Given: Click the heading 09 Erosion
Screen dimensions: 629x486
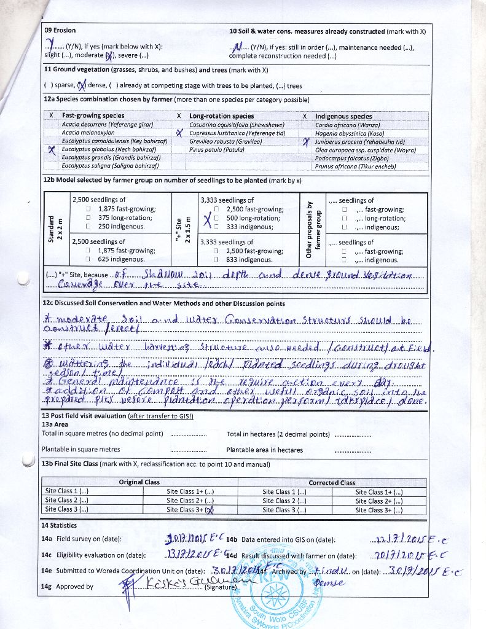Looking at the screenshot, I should coord(60,31).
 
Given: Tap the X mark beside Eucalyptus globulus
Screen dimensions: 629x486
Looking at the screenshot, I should coord(52,150).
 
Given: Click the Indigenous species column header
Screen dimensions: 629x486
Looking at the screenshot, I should coord(343,115).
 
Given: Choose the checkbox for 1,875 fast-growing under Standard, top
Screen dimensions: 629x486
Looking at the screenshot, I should coord(89,209).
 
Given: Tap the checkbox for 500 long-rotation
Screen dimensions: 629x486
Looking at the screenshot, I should coord(218,218).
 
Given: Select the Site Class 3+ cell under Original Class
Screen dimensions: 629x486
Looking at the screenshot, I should coord(190,509).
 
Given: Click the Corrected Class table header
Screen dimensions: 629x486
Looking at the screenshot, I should coord(332,482).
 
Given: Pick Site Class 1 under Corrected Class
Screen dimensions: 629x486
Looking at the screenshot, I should coord(284,491).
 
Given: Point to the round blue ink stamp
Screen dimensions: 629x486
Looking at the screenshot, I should coord(275,596).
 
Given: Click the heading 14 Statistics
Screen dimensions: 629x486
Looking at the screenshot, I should coord(59,525).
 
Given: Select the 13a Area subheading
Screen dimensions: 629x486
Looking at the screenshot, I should coord(55,424).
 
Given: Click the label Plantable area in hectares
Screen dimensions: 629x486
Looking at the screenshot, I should coord(264,450).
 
